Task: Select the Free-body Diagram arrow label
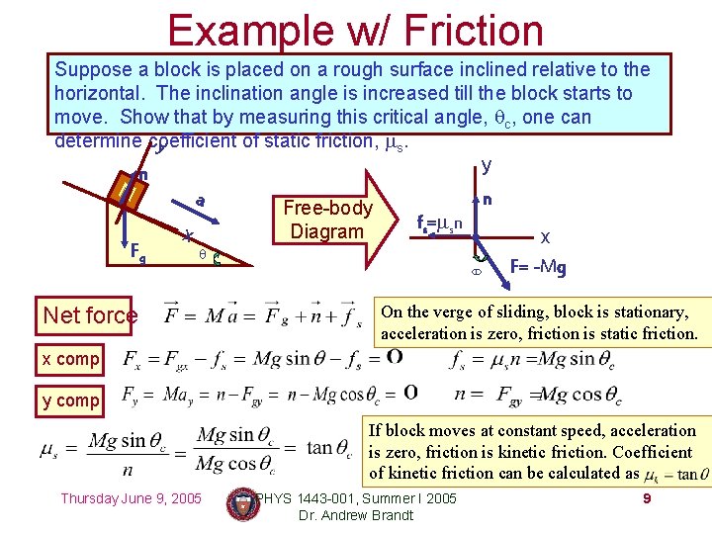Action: click(x=327, y=220)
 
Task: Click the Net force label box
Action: click(x=90, y=315)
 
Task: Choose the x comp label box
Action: click(x=70, y=359)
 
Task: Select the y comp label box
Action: click(x=70, y=400)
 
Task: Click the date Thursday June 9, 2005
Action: click(x=132, y=497)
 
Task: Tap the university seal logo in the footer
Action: click(x=241, y=503)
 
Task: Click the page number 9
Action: click(x=647, y=497)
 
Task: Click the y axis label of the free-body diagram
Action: click(x=485, y=164)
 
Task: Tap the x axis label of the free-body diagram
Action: click(x=545, y=236)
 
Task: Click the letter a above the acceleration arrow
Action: click(x=201, y=201)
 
